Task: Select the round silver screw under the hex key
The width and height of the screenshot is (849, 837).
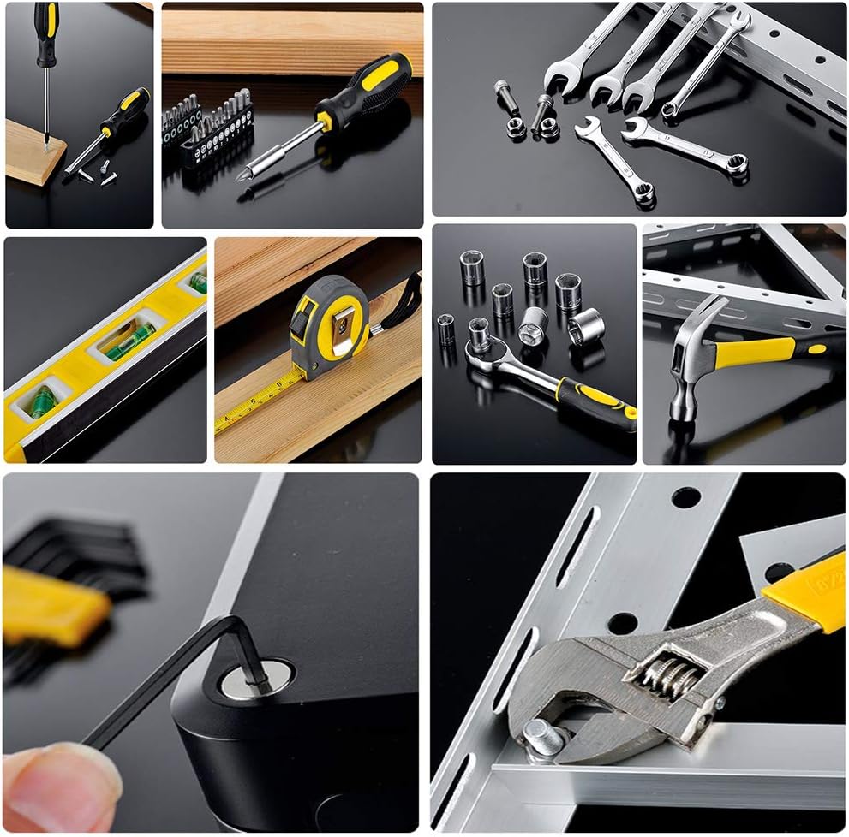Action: click(x=248, y=680)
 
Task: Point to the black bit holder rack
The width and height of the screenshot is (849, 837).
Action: click(x=214, y=137)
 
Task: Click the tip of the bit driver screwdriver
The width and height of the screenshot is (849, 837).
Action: click(x=245, y=175)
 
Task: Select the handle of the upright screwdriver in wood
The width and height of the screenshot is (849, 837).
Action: click(x=46, y=34)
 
